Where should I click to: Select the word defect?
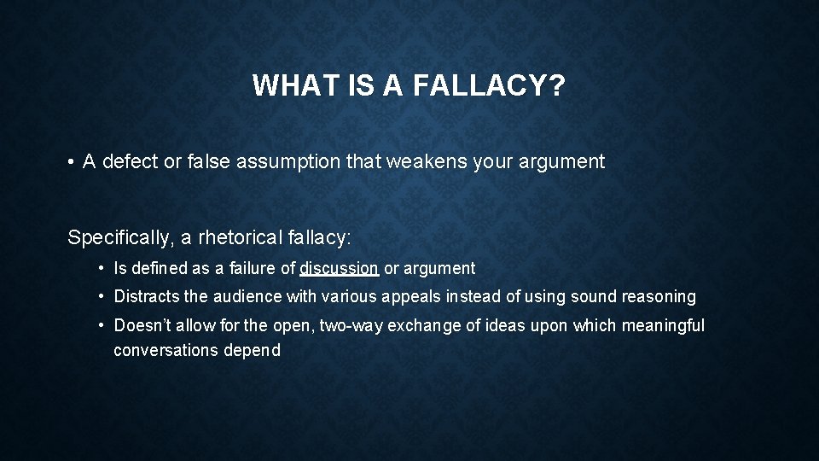point(131,162)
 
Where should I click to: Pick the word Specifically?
point(119,237)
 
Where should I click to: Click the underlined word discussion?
point(340,268)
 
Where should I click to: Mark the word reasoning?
point(657,296)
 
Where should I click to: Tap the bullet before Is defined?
point(102,268)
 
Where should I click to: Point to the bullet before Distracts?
point(102,296)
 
